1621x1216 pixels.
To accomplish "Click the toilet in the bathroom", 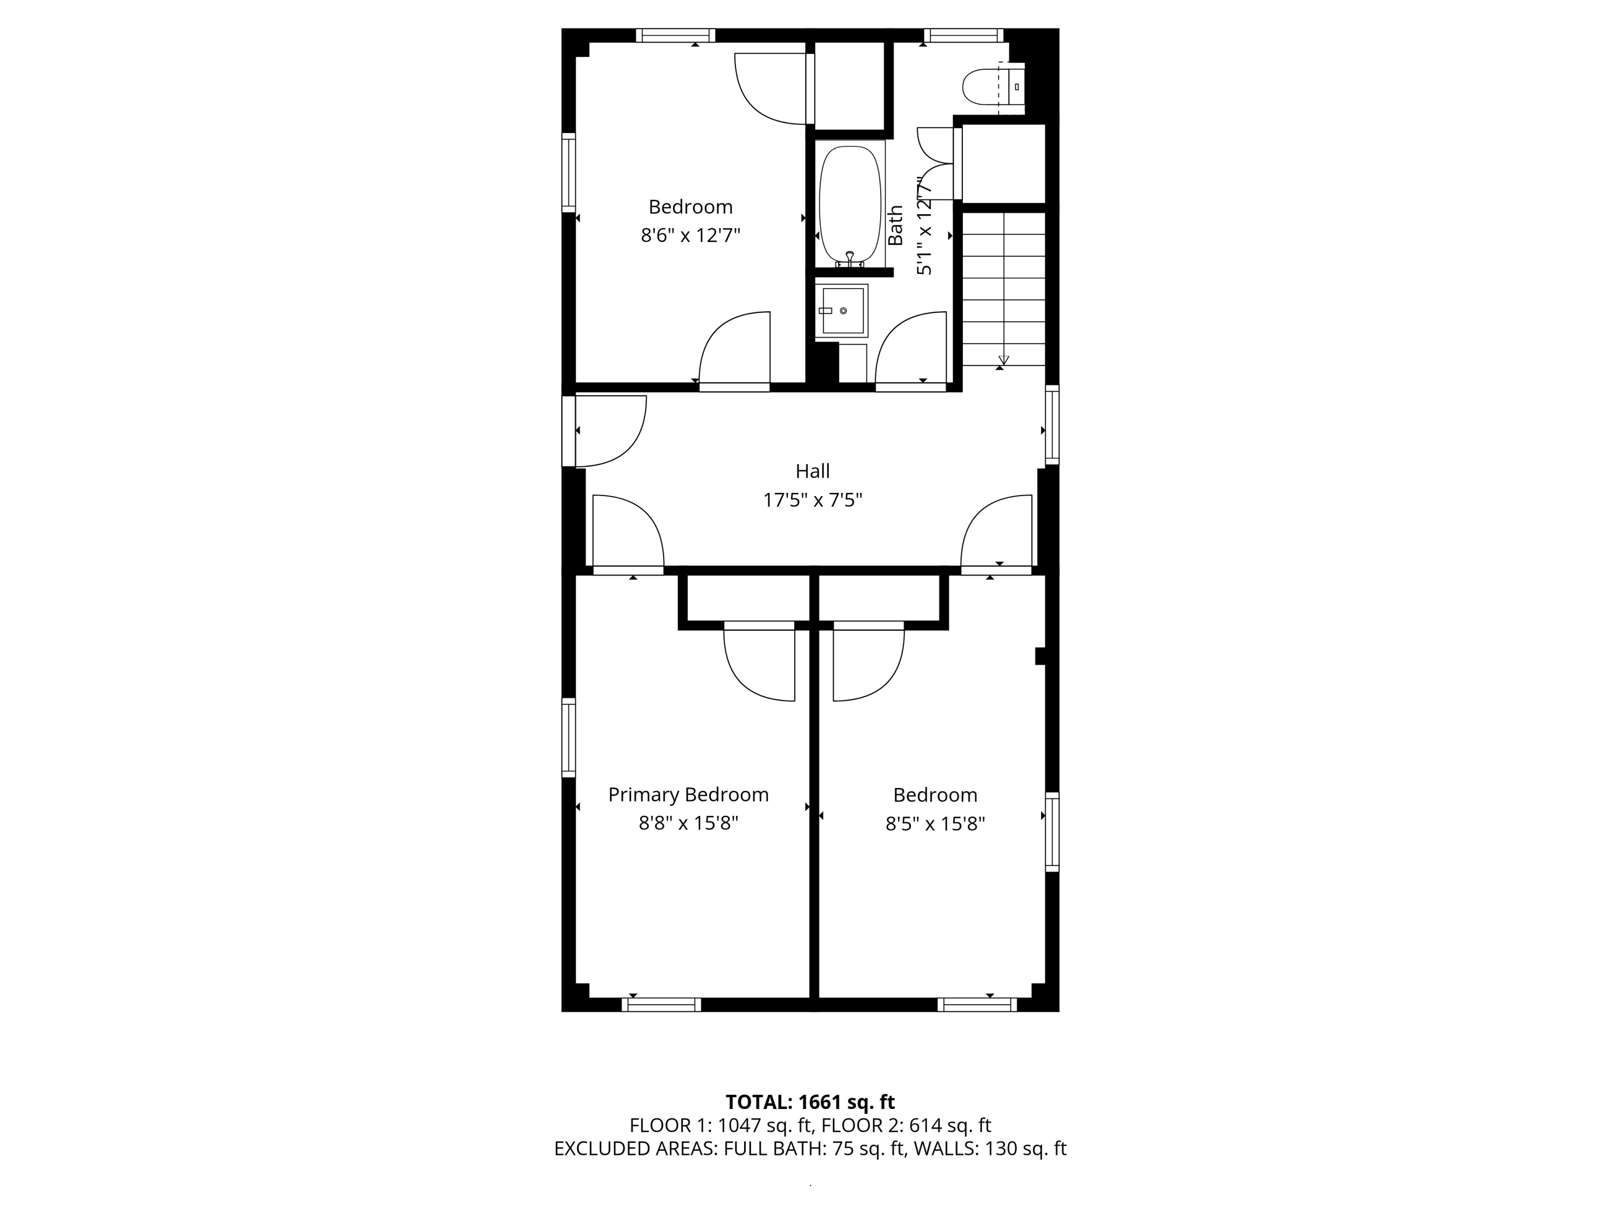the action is [993, 87].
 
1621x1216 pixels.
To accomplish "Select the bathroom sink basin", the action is [843, 311].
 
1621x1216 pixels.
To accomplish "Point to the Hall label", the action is [813, 471].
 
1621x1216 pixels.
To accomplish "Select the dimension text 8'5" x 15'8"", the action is [935, 824].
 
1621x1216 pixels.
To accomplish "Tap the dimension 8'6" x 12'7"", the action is [691, 235].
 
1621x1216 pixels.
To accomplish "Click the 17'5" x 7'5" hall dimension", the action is [813, 500].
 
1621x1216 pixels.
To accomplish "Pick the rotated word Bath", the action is [895, 225].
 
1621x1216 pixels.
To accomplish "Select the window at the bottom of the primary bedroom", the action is [661, 1005].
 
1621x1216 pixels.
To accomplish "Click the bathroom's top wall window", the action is [963, 35].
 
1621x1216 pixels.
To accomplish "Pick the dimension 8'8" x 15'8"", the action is [688, 823].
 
